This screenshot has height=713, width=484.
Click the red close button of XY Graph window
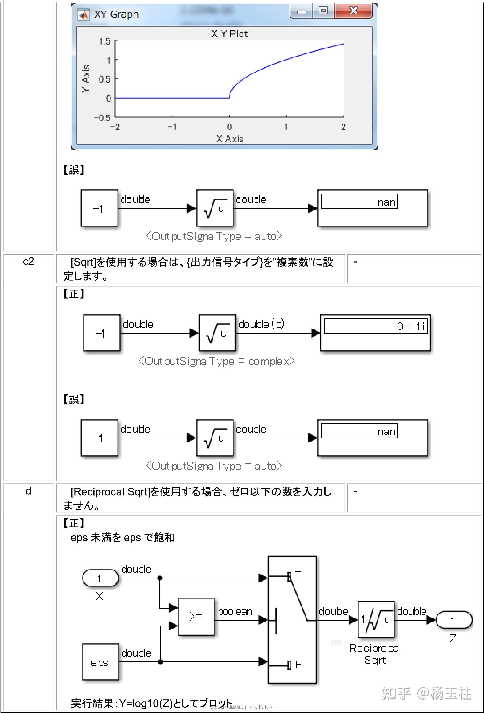coord(353,11)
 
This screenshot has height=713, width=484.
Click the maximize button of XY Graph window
coord(323,11)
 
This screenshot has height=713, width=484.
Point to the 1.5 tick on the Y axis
coord(105,41)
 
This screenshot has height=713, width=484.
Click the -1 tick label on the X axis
coord(172,127)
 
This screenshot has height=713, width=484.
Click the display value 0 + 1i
coord(411,326)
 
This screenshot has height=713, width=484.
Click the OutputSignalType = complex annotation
coord(216,361)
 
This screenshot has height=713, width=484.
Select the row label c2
coord(28,261)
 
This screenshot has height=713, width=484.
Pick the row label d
coord(28,491)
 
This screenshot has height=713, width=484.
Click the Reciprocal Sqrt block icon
coord(376,620)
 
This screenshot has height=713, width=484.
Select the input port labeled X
coord(100,578)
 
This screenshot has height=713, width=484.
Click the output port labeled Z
coord(453,620)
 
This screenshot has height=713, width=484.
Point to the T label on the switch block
coord(298,575)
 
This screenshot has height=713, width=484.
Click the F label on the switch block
coord(298,665)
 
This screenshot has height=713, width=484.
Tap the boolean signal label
coord(235,612)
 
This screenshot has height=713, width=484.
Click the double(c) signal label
coord(261,324)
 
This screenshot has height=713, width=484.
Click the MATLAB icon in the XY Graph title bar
coord(83,14)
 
